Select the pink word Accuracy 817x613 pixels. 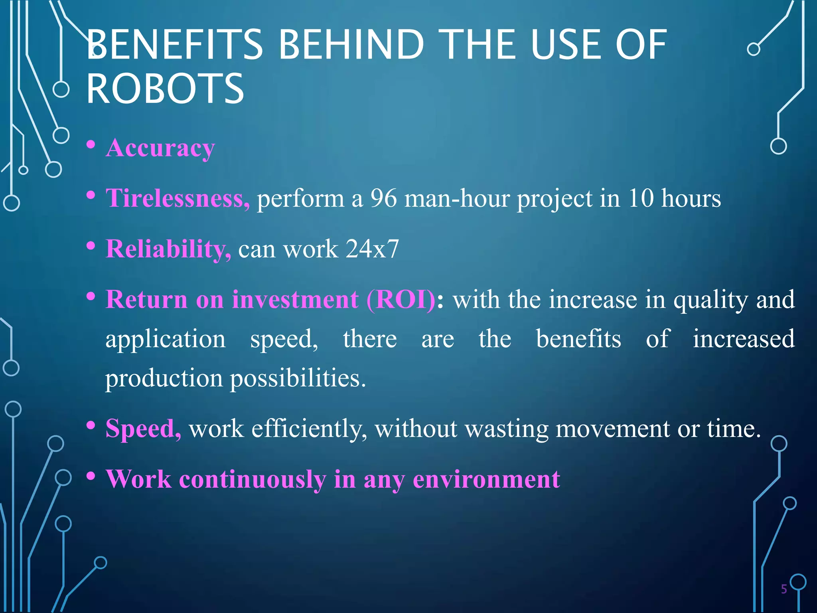point(160,148)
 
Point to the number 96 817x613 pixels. point(383,198)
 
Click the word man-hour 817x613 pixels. point(457,198)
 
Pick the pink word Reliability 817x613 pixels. point(168,249)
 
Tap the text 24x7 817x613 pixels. point(372,249)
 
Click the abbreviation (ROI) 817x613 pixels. point(401,299)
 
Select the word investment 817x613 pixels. point(295,299)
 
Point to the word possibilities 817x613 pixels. point(298,378)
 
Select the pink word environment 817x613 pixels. point(486,479)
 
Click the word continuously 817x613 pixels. point(253,479)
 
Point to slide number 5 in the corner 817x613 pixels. point(784,589)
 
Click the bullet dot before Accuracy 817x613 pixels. point(91,144)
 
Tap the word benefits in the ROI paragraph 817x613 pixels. point(578,339)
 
